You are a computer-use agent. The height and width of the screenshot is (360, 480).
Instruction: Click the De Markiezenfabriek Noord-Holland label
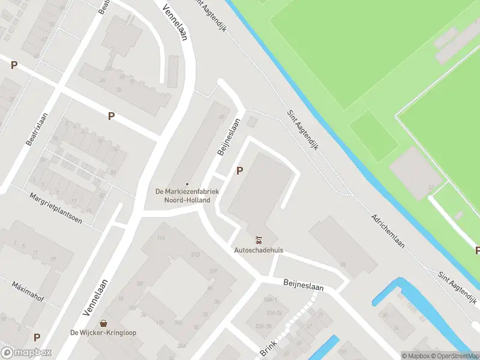point(187,196)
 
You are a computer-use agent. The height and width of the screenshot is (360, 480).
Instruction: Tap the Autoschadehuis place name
point(259,249)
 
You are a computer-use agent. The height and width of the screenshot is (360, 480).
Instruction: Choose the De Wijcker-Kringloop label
point(104,332)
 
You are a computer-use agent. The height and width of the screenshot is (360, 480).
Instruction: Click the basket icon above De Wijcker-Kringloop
point(104,323)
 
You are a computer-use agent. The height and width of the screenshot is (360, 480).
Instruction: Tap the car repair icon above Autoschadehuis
point(259,239)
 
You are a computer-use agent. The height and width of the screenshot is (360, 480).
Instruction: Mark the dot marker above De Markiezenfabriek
point(187,184)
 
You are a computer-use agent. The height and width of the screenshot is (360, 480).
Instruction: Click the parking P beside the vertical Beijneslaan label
point(240,171)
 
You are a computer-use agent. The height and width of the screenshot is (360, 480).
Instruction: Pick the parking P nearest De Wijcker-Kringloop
point(37,338)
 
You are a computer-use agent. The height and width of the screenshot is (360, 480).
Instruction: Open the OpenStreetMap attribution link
point(455,356)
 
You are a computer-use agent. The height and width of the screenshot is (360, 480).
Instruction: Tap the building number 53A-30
point(264,326)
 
